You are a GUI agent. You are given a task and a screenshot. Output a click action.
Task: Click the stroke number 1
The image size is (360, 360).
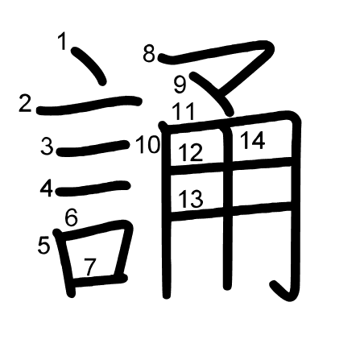pos(62,41)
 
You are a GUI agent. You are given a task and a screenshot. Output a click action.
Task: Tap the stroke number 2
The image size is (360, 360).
pos(25,104)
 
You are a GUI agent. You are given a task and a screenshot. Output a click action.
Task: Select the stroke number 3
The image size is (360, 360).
pos(47,146)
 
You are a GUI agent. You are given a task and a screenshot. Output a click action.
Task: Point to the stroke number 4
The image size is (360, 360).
pos(47,188)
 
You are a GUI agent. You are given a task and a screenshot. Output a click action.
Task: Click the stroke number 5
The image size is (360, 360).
pos(43,245)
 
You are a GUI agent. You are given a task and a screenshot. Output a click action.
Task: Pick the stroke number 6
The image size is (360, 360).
pos(72,217)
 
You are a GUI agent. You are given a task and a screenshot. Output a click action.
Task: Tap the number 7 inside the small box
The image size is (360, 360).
pos(89,267)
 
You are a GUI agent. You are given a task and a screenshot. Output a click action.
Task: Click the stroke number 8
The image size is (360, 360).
pos(149,53)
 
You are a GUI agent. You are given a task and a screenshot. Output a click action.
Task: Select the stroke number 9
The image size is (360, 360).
pos(180,85)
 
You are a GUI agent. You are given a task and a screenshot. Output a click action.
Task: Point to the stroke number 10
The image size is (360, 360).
pos(148,145)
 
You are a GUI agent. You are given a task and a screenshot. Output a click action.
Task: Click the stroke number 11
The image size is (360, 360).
pos(183,111)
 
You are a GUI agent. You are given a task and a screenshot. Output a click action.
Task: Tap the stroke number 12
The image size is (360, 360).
pos(190,152)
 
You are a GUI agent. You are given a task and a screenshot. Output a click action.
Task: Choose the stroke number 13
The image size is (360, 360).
pos(191,199)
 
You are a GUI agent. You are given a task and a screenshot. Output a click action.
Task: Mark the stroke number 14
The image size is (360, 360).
pos(253,140)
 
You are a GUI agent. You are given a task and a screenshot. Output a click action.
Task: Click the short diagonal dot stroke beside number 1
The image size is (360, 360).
pos(89,66)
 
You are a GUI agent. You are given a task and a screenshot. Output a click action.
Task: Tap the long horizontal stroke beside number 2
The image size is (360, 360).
pos(89,105)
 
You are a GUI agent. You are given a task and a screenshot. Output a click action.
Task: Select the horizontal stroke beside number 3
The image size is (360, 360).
pos(93,148)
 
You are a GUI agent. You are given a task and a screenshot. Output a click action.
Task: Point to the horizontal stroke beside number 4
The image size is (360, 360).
pos(93,188)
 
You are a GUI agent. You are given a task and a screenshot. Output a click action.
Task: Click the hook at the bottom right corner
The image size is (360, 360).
pos(281,292)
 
